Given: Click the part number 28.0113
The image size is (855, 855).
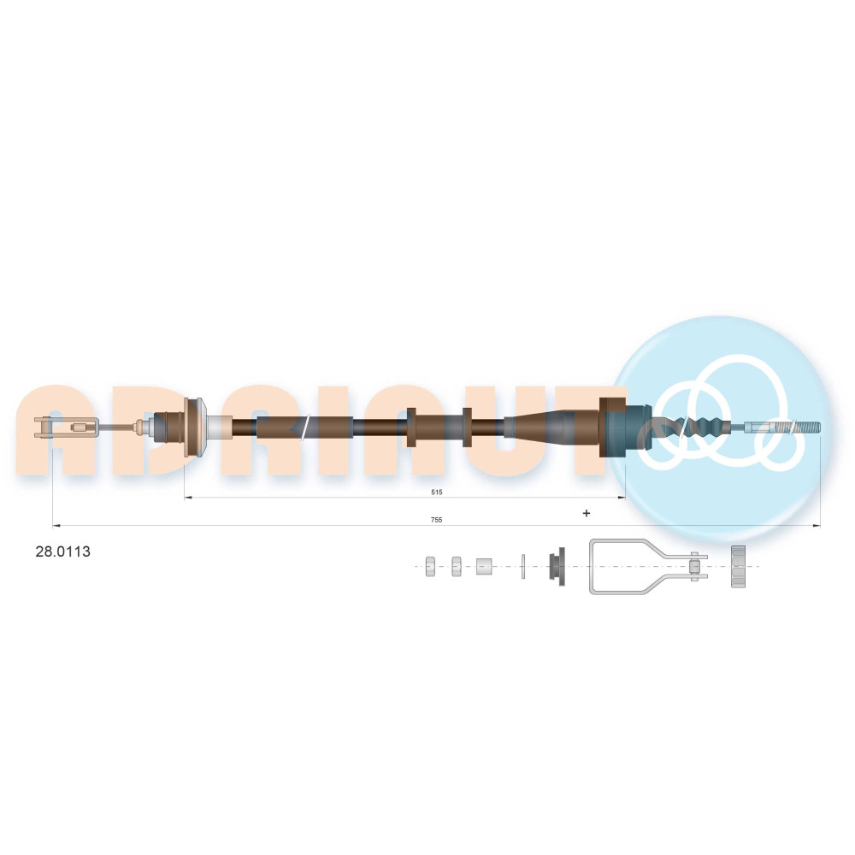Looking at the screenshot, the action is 62,551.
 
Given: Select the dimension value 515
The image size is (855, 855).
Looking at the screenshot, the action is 436,492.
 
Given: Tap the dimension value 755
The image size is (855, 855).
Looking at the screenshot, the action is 436,520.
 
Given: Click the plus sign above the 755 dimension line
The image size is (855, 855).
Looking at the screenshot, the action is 587,513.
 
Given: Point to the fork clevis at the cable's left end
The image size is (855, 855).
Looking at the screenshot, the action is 67,427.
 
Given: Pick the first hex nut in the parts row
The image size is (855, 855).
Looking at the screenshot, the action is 430,566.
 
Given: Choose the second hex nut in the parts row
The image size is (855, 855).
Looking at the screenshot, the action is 457,566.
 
